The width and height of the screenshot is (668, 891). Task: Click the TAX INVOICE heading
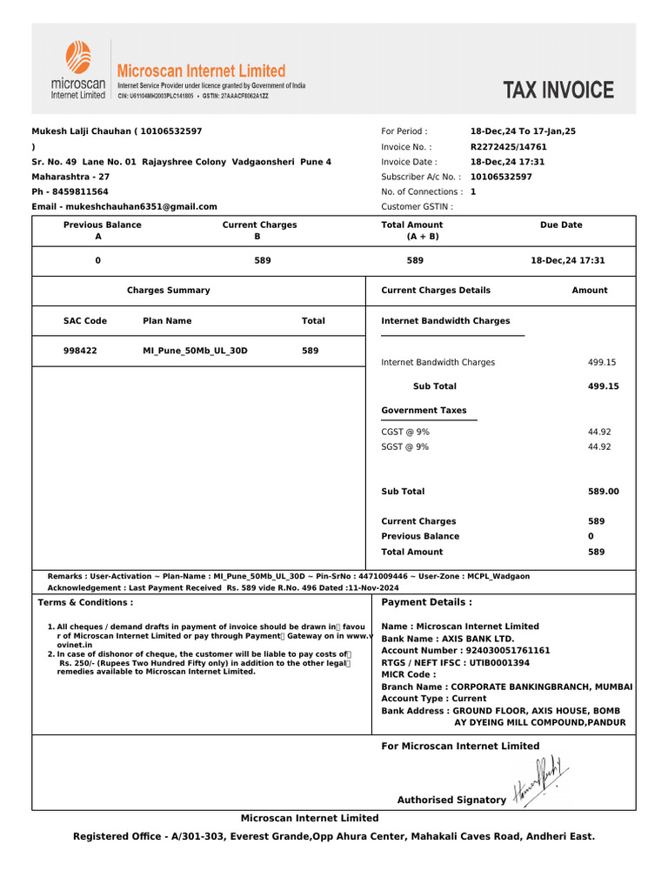pos(558,90)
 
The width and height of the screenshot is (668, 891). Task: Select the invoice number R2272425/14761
pos(509,147)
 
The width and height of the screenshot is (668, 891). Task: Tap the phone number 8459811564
pos(82,191)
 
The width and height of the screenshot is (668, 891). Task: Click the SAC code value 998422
pos(81,351)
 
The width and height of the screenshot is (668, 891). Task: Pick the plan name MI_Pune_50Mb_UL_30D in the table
pos(195,351)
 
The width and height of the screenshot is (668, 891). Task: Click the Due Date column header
pos(561,225)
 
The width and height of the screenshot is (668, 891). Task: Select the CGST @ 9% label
pos(405,432)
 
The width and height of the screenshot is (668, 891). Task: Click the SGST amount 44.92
pos(599,447)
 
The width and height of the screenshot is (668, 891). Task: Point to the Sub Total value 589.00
pos(604,492)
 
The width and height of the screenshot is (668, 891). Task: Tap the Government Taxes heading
pos(424,411)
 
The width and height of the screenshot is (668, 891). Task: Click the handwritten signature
pos(541,780)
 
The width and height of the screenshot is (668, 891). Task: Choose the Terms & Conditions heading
pos(86,602)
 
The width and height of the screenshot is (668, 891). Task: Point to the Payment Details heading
pos(427,602)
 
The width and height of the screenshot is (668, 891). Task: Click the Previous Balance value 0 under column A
pos(97,260)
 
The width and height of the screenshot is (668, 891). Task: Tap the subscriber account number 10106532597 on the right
pos(501,177)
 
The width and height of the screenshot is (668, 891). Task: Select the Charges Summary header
pos(169,291)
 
